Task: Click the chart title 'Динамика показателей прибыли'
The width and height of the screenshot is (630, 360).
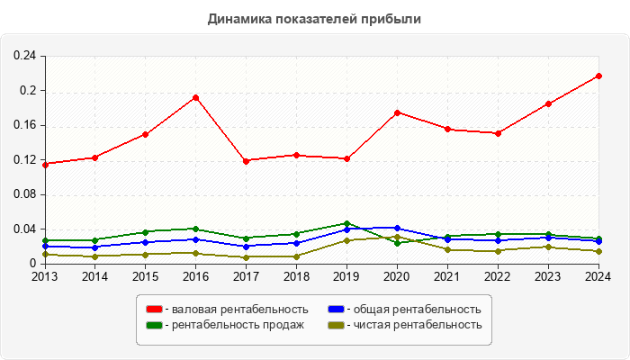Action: point(314,18)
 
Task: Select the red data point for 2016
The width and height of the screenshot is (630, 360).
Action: point(195,97)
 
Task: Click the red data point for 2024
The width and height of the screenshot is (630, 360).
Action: point(598,76)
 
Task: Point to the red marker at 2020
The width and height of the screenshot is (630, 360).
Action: point(397,112)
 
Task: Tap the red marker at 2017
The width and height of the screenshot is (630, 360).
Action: point(246,160)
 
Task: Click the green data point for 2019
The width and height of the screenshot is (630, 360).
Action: point(346,223)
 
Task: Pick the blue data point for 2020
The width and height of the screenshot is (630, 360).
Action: point(397,229)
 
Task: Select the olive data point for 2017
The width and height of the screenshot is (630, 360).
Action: point(246,256)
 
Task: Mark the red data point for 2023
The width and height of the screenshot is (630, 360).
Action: point(548,103)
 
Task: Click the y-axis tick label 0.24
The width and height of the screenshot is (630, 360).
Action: point(24,56)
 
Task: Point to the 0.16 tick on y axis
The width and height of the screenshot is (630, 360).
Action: point(24,125)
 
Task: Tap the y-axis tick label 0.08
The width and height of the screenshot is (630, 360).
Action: point(24,194)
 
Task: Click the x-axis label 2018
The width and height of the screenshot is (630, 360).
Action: point(296,277)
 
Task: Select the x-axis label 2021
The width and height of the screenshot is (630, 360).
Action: point(447,277)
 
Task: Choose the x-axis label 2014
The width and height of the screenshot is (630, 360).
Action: point(94,277)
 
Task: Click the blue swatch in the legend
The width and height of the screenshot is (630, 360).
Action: point(336,310)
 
